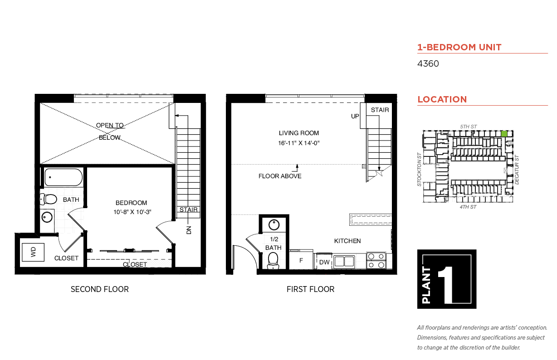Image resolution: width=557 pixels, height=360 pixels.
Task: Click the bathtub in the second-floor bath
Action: [x=64, y=177]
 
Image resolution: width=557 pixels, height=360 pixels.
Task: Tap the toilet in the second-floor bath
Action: [x=49, y=199]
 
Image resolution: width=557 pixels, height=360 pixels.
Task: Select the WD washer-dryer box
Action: [x=33, y=252]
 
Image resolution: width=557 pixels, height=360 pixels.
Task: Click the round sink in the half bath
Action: [x=274, y=225]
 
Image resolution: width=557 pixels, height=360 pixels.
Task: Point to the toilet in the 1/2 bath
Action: [x=273, y=261]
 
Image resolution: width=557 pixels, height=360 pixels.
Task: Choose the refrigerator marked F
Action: [x=301, y=260]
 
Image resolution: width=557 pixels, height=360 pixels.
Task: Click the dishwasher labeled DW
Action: [x=323, y=262]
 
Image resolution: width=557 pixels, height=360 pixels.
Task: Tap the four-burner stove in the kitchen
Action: [x=376, y=261]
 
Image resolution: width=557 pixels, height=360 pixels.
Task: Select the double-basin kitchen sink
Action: [x=344, y=262]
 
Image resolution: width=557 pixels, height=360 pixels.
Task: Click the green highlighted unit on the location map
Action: [x=504, y=134]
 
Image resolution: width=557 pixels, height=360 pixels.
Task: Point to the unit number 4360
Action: [x=428, y=63]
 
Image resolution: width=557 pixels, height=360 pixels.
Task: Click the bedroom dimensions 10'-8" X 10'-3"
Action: [x=132, y=212]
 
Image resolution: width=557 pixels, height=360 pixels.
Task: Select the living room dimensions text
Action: [x=298, y=143]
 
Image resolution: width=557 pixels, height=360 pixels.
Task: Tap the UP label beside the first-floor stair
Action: [x=355, y=116]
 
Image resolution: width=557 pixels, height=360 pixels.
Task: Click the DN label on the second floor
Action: [x=189, y=230]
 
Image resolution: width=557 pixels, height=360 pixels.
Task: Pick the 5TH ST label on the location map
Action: [x=468, y=126]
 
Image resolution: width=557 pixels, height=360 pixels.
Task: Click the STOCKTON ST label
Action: [x=419, y=170]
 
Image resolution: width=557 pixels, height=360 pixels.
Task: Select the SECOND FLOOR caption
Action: [x=100, y=289]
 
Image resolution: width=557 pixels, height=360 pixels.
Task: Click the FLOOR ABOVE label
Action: [x=280, y=176]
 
